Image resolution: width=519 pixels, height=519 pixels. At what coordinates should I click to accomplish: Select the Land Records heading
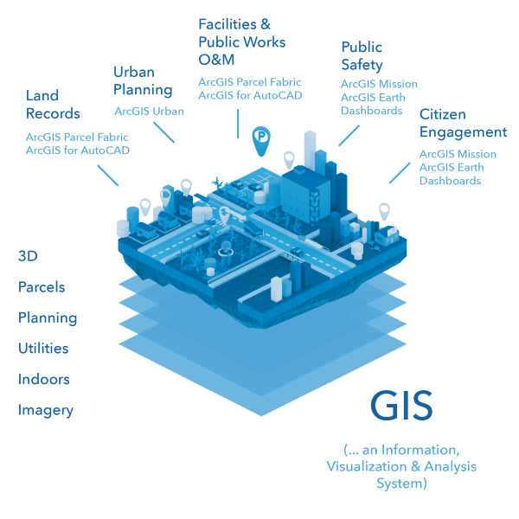point(53,105)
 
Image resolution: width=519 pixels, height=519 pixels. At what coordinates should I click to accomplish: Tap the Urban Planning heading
point(143,80)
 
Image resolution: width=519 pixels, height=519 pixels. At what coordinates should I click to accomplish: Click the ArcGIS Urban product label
point(149,112)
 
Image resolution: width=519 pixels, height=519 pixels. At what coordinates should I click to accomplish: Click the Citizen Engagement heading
point(463,124)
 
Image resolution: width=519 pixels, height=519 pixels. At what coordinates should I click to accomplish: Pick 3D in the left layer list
point(28,256)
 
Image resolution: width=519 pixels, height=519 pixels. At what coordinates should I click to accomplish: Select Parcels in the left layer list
point(42,287)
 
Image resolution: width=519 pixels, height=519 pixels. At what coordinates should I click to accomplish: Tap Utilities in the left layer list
point(43,349)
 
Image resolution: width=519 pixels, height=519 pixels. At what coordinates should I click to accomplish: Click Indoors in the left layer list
point(44,380)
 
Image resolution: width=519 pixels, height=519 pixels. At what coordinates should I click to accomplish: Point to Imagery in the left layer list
point(46,411)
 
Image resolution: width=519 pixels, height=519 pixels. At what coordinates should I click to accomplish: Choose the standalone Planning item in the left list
point(48,318)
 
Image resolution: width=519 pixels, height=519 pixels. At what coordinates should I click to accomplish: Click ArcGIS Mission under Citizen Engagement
point(458,154)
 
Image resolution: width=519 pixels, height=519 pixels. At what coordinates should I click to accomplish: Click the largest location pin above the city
point(261,138)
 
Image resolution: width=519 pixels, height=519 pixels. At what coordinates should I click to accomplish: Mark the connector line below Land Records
point(107,175)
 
